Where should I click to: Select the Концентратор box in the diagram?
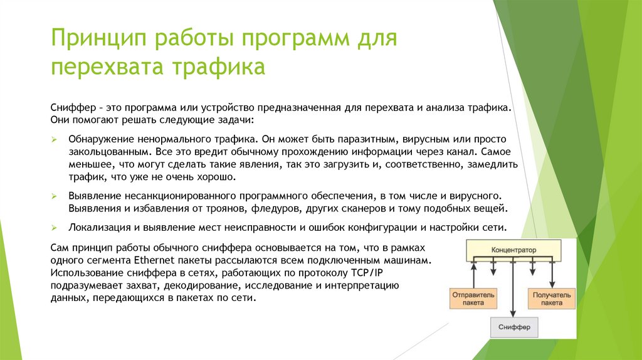pyautogui.click(x=514, y=250)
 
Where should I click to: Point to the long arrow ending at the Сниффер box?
pyautogui.click(x=513, y=289)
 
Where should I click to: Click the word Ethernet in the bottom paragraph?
pyautogui.click(x=152, y=260)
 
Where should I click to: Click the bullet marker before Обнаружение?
pyautogui.click(x=55, y=138)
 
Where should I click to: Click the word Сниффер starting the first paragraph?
pyautogui.click(x=70, y=107)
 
